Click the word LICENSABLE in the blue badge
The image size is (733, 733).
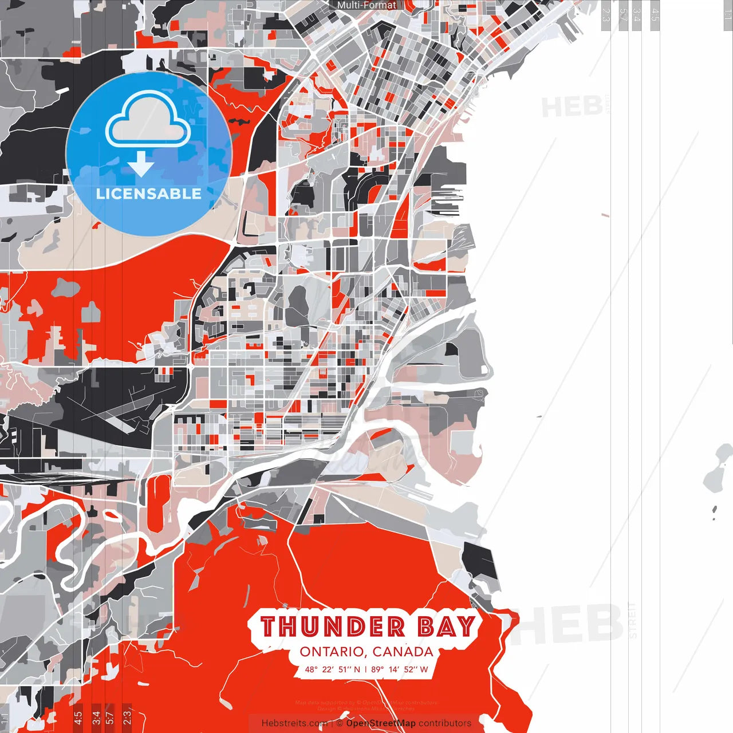(x=148, y=194)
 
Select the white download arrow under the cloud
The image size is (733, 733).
(x=141, y=164)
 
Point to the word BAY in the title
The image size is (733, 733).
(x=447, y=626)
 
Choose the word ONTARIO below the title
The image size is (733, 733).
(x=333, y=652)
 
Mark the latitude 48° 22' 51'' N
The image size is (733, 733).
(x=333, y=669)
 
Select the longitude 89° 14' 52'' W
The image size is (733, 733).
(x=399, y=669)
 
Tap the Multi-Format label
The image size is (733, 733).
(x=366, y=5)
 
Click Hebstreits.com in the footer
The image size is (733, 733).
(x=294, y=723)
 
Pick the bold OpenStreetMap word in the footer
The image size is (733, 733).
(x=381, y=723)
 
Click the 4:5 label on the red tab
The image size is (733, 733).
(x=78, y=716)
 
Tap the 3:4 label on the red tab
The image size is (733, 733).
(x=96, y=716)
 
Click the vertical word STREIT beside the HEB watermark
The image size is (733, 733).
(x=632, y=620)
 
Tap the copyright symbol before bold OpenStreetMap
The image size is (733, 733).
(x=340, y=723)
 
